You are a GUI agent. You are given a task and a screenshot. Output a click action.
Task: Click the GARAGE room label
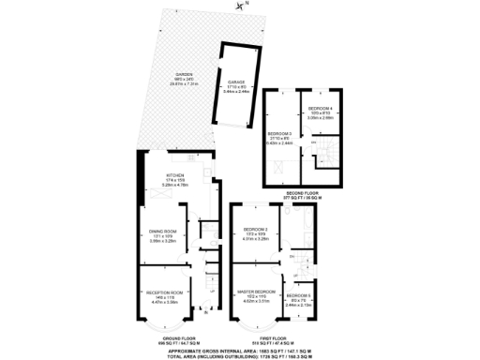tap(235, 82)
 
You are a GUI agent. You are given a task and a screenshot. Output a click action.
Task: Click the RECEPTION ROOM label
tap(163, 293)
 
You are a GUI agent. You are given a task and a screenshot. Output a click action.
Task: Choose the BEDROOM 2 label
tap(256, 230)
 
